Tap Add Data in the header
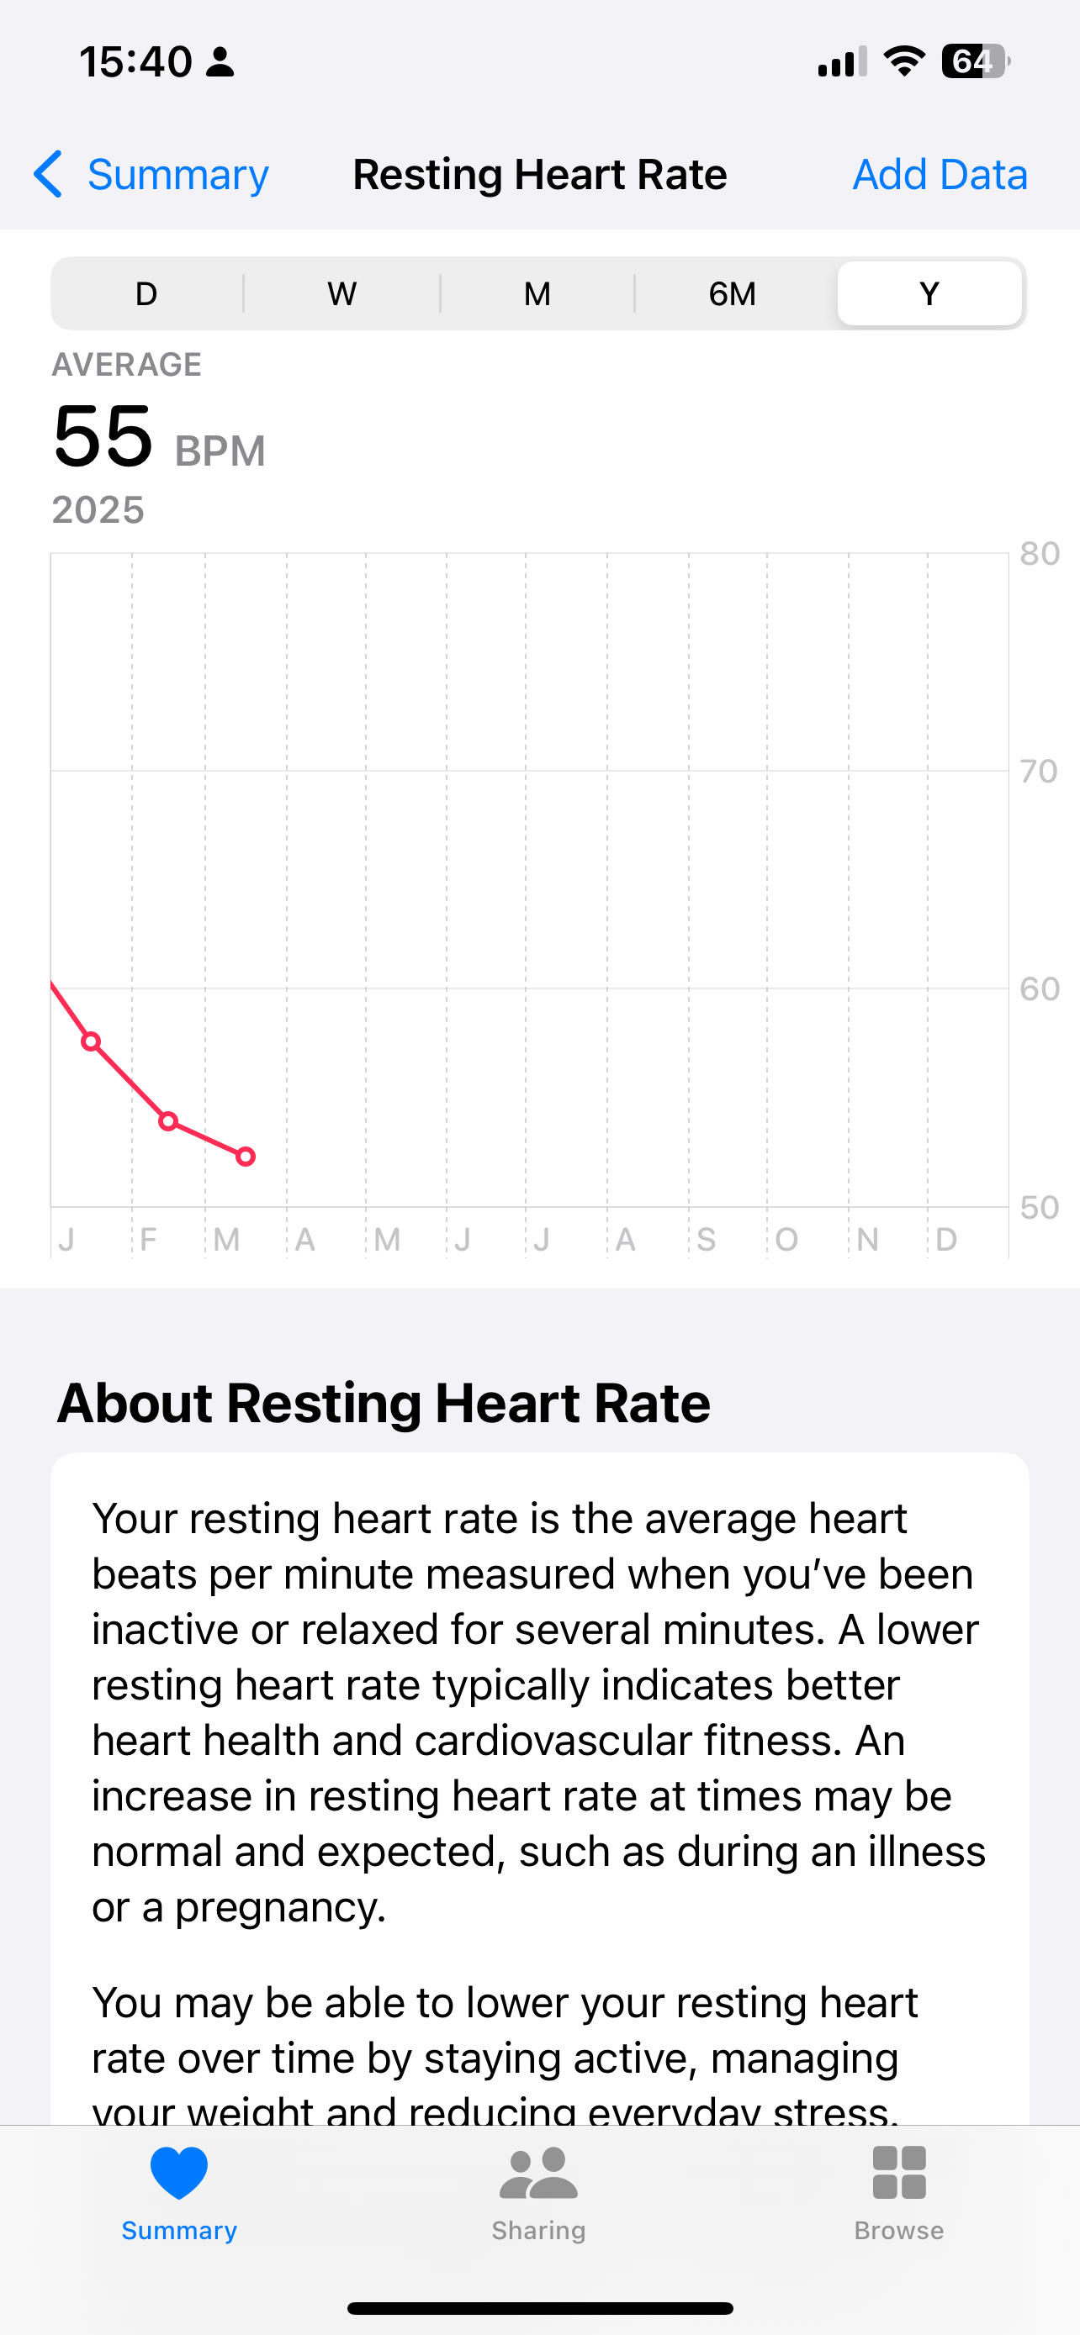940,174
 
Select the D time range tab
146,293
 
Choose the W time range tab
341,293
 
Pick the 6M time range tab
732,293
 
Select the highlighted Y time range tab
929,293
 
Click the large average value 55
103,437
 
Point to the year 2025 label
98,510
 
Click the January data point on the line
91,1041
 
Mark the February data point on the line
167,1122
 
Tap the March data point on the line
246,1157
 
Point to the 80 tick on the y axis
1039,554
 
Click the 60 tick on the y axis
1039,989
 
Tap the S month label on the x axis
707,1239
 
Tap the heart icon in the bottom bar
178,2173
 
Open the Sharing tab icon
538,2173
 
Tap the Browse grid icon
898,2173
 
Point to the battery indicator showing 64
974,61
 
